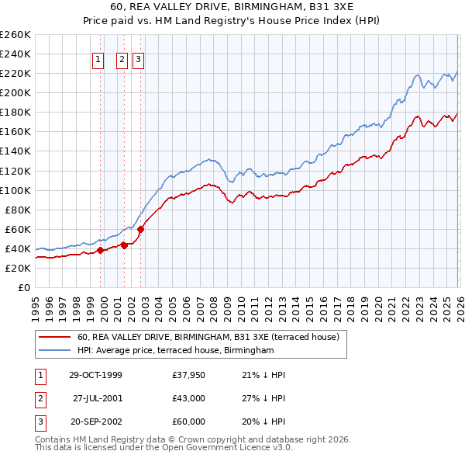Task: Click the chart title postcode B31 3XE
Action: tap(326, 7)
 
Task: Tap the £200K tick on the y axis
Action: tap(15, 92)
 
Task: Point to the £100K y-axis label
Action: tap(15, 190)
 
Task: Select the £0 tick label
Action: tap(23, 287)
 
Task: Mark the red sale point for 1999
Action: tap(101, 250)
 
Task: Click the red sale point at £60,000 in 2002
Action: tap(140, 229)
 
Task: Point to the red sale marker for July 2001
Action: tap(124, 245)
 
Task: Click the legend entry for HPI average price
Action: tap(176, 351)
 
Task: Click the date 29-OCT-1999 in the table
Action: tap(95, 375)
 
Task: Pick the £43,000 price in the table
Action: tap(189, 398)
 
